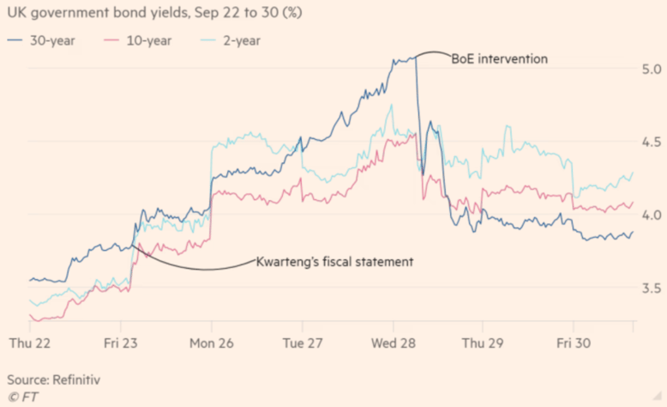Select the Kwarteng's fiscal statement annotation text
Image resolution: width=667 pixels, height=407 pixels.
click(335, 261)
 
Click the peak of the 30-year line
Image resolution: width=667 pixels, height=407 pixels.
click(415, 57)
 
